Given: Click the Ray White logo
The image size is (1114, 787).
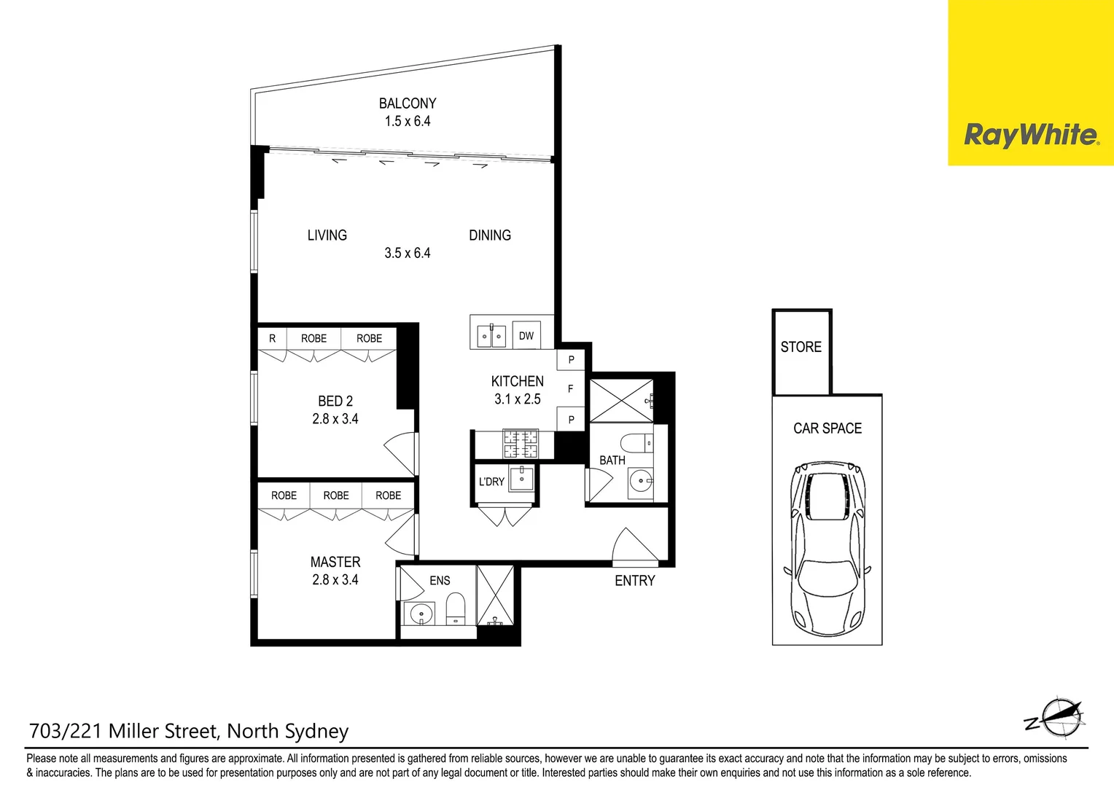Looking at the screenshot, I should point(1030,136).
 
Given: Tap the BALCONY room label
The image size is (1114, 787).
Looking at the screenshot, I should point(408,103).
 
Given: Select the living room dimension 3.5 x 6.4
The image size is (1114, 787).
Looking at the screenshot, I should point(408,254).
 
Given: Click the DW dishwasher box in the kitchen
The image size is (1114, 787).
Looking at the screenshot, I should point(526,336).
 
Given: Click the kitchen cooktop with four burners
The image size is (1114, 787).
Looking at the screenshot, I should point(520,443).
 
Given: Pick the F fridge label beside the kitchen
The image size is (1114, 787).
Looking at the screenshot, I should point(570,389).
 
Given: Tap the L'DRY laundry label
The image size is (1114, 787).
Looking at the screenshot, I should point(491,482).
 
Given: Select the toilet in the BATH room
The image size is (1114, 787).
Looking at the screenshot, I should point(637,442).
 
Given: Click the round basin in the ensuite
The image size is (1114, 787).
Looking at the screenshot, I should point(421,614).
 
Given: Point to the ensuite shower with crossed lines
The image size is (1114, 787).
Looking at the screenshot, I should point(495,595).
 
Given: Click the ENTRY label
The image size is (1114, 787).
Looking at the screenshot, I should point(634,581).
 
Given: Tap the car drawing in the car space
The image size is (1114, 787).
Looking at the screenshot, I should point(827,547).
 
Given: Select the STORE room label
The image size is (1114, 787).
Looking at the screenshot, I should point(801,348).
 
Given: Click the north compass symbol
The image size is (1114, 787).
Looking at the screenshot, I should point(1057,718).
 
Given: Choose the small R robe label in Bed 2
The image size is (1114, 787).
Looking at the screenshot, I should point(272,338).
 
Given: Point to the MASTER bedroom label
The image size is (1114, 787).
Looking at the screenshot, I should point(335,562).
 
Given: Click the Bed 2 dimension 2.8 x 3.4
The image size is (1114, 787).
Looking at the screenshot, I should point(335,419).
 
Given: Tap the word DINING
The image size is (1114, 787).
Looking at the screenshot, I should point(490,235).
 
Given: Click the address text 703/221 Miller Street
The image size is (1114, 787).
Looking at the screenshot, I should point(189,731).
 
